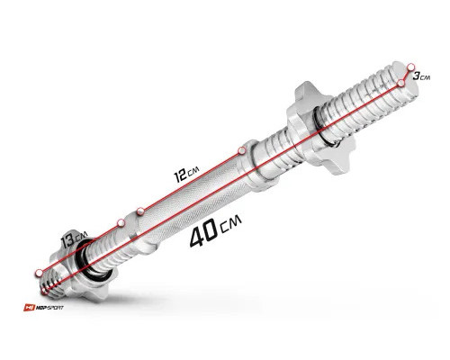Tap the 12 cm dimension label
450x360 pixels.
click(186, 175)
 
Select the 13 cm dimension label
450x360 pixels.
click(74, 238)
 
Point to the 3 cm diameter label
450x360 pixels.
click(421, 76)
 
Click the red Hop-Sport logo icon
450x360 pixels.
click(29, 308)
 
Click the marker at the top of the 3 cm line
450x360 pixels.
click(411, 67)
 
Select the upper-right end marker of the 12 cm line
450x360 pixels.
click(242, 150)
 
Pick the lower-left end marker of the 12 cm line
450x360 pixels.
click(139, 211)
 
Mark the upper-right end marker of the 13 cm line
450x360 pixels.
click(121, 222)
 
